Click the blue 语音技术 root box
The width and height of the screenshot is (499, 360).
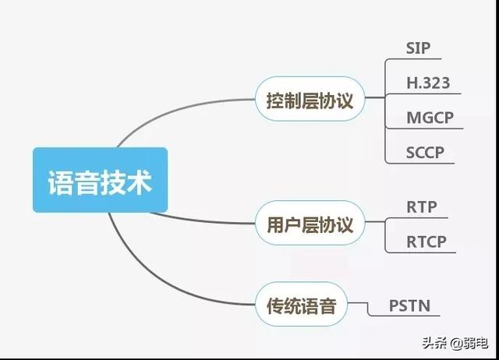click(100, 180)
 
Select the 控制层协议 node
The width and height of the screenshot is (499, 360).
click(310, 99)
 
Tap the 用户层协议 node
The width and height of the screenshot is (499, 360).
click(310, 225)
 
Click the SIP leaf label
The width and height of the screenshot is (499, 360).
click(418, 46)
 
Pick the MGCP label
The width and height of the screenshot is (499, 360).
click(430, 118)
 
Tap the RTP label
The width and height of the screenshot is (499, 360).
click(422, 207)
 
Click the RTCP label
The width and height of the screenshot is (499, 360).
click(426, 242)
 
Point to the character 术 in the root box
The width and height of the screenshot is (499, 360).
click(138, 181)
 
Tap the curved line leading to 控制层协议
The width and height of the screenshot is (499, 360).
click(187, 117)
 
